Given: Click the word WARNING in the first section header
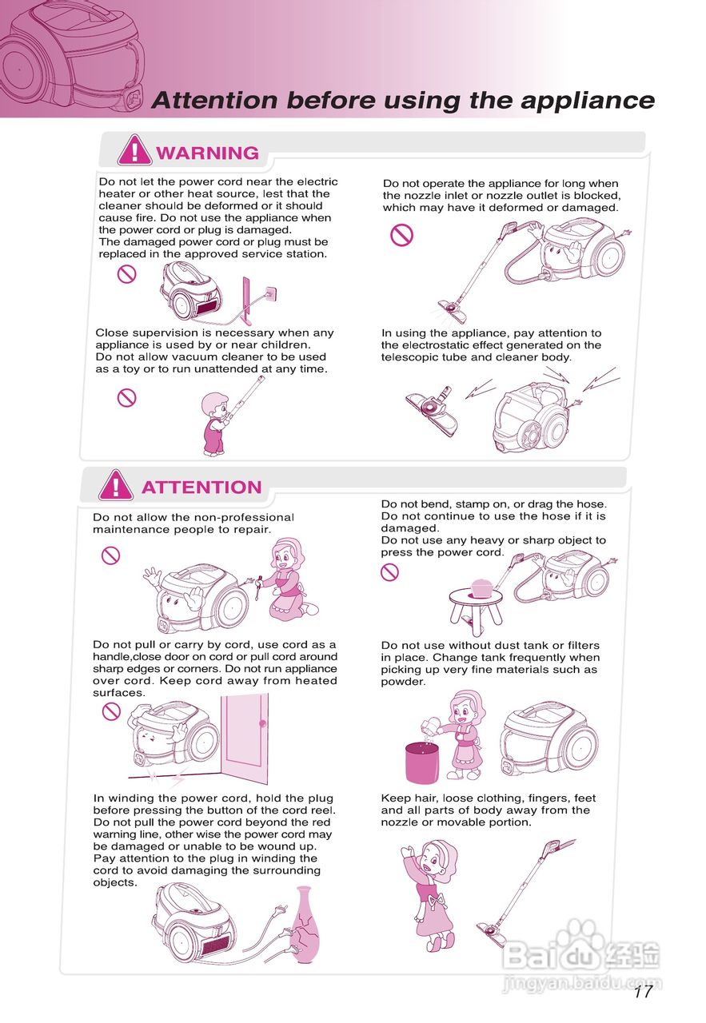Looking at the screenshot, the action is [x=207, y=153].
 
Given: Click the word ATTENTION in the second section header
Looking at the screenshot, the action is [x=201, y=487].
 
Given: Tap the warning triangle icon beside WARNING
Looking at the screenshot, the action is [x=134, y=150].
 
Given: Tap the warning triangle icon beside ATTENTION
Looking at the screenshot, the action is [x=116, y=484].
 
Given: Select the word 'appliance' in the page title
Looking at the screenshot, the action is [x=588, y=101].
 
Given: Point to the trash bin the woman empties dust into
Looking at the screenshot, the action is [x=422, y=763].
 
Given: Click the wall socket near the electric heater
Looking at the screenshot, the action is [x=270, y=293].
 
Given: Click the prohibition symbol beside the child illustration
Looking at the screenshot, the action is [x=126, y=397].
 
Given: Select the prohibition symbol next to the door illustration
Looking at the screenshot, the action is [x=111, y=711].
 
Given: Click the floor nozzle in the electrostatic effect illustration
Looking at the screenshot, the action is [x=433, y=411].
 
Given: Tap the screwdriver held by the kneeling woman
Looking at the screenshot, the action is [x=258, y=588].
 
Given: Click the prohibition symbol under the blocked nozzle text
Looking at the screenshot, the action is [x=401, y=235].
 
